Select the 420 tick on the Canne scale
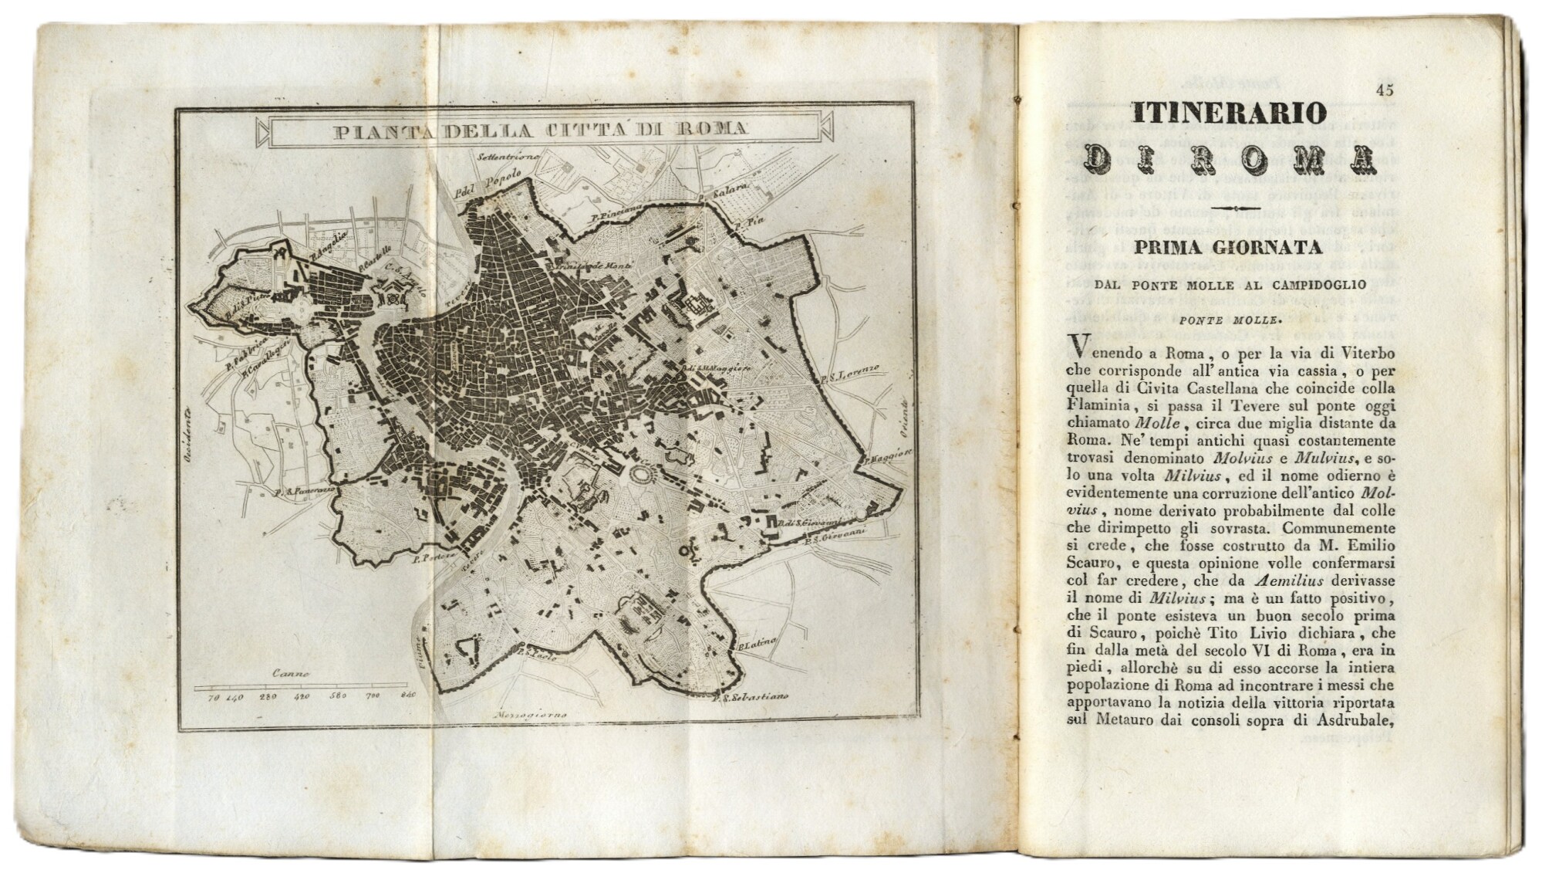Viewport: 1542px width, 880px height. pyautogui.click(x=302, y=696)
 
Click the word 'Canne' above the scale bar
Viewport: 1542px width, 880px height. pyautogui.click(x=291, y=673)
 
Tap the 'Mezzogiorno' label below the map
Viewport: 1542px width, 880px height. pyautogui.click(x=533, y=714)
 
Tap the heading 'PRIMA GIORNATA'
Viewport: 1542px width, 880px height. pyautogui.click(x=1228, y=248)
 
